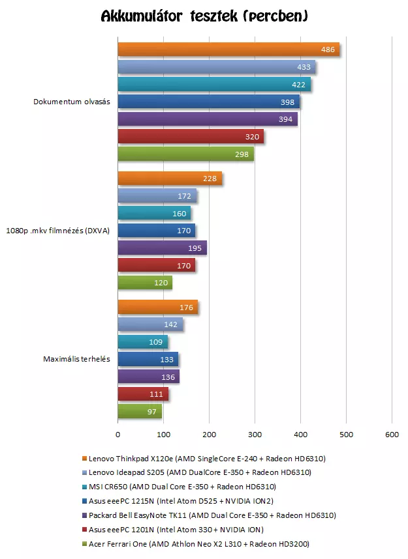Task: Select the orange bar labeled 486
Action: point(228,50)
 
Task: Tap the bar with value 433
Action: point(216,67)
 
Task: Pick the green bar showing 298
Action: point(185,154)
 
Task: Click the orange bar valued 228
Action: point(170,179)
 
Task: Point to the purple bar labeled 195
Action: point(162,248)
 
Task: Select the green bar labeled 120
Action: point(144,282)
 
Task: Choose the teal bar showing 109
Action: point(142,341)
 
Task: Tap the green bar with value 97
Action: point(140,411)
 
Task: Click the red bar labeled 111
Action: point(143,394)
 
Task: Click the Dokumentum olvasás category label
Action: point(72,102)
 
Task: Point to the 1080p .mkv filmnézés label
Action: point(58,231)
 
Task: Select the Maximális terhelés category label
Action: point(76,359)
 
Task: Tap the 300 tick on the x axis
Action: point(255,434)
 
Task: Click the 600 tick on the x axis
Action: point(391,434)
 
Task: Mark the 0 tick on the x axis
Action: point(118,434)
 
